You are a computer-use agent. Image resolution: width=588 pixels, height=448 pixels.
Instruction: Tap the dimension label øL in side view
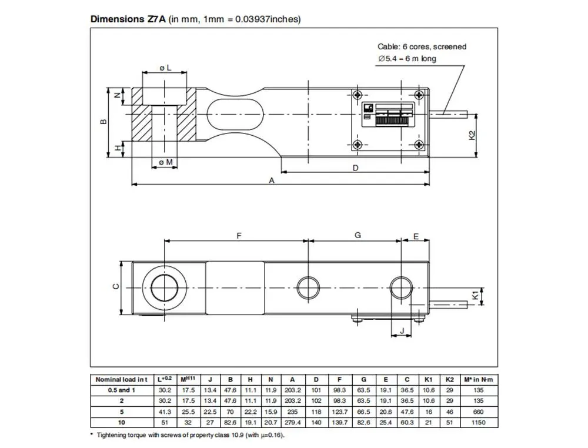(x=165, y=68)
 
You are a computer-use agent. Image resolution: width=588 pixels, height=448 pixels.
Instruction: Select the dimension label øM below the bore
(x=165, y=162)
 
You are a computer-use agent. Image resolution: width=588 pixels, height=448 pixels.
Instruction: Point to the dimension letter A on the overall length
(x=271, y=180)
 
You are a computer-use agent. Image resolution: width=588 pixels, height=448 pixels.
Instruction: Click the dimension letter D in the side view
(x=355, y=168)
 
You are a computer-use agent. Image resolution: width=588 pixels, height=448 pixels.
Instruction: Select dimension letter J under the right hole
(x=402, y=331)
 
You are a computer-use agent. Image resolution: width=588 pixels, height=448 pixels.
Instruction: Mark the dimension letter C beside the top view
(x=116, y=286)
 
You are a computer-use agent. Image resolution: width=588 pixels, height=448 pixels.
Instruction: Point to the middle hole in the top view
(x=309, y=287)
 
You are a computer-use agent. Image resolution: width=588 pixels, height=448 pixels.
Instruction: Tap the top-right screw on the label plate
(x=418, y=95)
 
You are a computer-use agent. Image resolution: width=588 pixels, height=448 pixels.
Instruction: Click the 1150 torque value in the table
(x=481, y=421)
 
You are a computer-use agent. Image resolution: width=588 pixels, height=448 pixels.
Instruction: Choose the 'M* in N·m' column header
(x=481, y=380)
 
